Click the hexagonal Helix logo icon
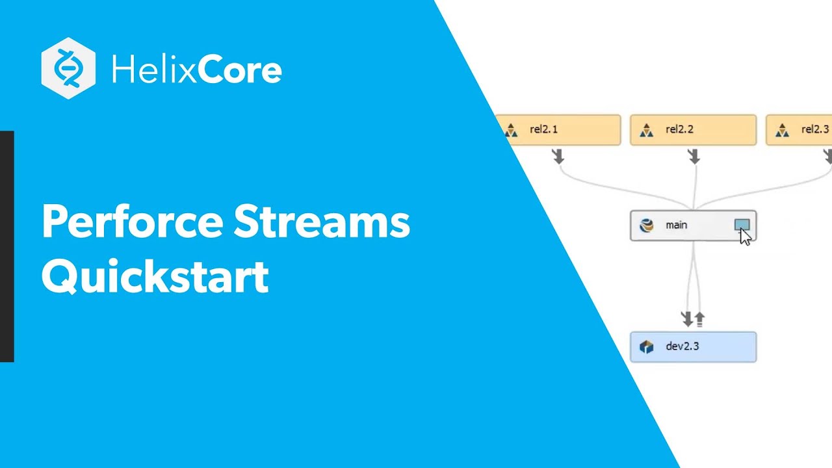[68, 68]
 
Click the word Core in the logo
[239, 70]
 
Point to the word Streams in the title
[322, 223]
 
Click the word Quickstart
[155, 277]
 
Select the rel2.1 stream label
[543, 129]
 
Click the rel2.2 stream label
[679, 129]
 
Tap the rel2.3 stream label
[815, 129]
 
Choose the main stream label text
[676, 225]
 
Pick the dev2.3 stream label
[682, 346]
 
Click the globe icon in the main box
[646, 226]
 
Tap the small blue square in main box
[741, 224]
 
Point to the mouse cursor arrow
[745, 236]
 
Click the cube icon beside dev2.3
[646, 347]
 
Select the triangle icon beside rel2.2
[646, 131]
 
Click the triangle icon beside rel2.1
[511, 131]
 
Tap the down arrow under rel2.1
[558, 156]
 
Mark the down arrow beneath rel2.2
[694, 156]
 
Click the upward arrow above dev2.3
[699, 318]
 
